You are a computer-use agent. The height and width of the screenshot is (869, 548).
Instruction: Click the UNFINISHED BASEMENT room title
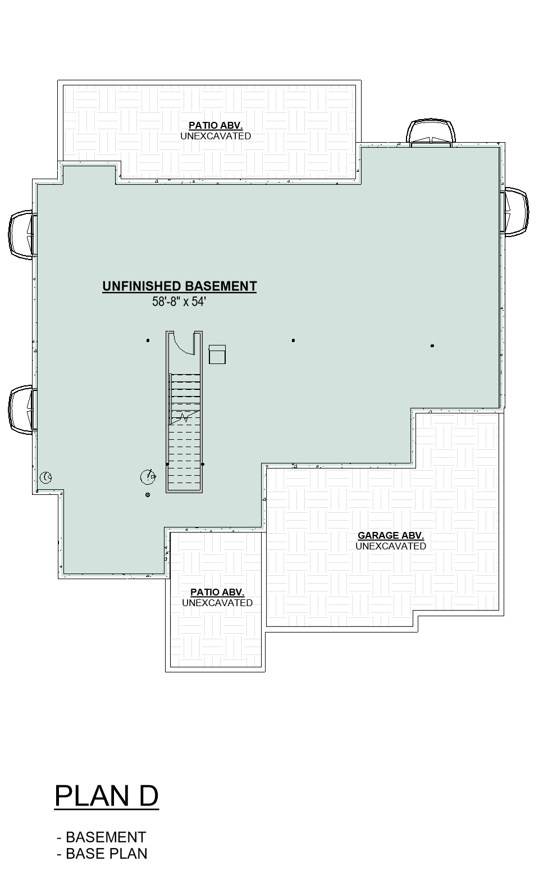click(180, 286)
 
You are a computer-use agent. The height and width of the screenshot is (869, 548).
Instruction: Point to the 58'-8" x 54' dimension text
click(179, 302)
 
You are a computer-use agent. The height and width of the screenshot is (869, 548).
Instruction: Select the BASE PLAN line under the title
click(102, 853)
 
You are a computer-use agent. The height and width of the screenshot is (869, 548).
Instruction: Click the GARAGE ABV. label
click(391, 535)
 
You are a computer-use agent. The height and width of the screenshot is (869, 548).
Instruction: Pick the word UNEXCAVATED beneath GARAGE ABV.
click(391, 546)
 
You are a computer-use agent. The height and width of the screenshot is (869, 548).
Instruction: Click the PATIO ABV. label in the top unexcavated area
click(216, 125)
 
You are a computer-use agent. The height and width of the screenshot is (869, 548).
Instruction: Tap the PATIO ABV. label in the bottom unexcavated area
click(217, 592)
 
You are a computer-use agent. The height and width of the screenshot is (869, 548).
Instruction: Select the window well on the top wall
click(431, 133)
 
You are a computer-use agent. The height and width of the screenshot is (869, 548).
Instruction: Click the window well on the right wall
click(515, 212)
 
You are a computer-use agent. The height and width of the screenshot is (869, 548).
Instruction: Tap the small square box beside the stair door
click(217, 354)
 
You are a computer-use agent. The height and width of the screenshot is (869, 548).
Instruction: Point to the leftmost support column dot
click(148, 340)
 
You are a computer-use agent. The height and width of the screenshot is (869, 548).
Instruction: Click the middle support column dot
click(293, 340)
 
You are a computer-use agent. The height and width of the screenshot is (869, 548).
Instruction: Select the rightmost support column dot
click(432, 345)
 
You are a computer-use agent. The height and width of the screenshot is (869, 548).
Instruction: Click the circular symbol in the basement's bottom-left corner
click(47, 477)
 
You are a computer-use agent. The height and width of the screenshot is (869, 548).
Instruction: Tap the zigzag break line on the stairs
click(185, 417)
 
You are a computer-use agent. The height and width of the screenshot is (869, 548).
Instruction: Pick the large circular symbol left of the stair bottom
click(148, 477)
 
